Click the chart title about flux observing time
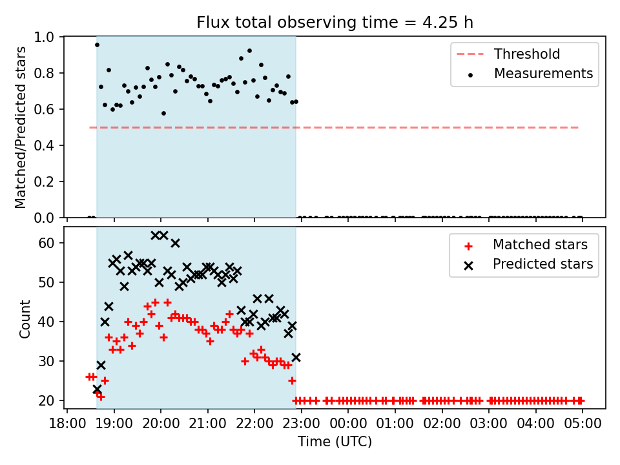[x=335, y=22]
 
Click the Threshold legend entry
[x=508, y=54]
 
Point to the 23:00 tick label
[x=302, y=424]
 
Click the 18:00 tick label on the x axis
[x=67, y=424]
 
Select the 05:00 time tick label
[x=583, y=424]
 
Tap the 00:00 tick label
[x=348, y=424]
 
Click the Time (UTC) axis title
[x=335, y=441]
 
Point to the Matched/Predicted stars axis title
[x=20, y=127]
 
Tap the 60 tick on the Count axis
[x=46, y=243]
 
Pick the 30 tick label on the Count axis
[x=46, y=361]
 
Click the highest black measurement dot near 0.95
[x=97, y=45]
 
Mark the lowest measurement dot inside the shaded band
[x=163, y=114]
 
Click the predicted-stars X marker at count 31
[x=296, y=357]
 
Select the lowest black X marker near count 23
[x=97, y=389]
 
